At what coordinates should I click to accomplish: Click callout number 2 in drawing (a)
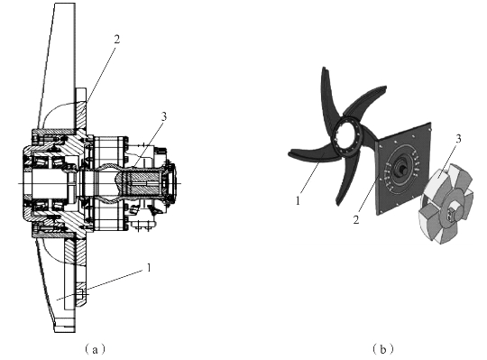[x=116, y=40]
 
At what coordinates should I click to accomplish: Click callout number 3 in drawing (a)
[x=163, y=116]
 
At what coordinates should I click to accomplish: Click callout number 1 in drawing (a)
[x=149, y=267]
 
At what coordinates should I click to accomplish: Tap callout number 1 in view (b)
[x=299, y=201]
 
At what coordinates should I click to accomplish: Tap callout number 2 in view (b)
[x=356, y=219]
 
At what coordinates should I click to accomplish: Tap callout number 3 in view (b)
[x=458, y=139]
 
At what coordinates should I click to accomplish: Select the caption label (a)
[x=95, y=349]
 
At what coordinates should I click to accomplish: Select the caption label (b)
[x=382, y=349]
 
